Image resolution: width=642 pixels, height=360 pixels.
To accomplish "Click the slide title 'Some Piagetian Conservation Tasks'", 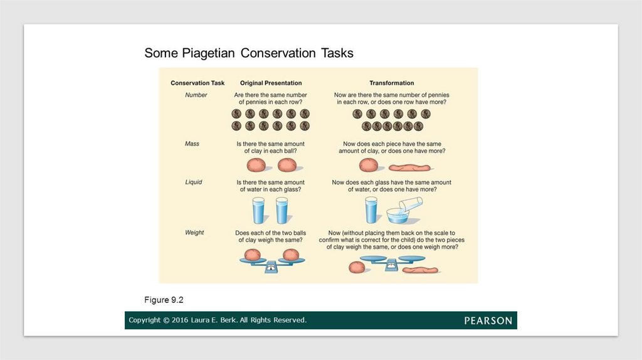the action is [x=249, y=53].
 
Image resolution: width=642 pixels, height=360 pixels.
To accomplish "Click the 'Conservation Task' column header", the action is [x=197, y=83].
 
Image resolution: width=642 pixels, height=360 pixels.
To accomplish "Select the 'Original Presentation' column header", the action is [x=271, y=83].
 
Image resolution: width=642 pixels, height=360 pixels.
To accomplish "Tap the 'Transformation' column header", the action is [x=391, y=83].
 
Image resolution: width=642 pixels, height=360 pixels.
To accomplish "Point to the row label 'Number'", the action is [x=196, y=95].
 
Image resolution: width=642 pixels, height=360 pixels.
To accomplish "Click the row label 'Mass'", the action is [x=192, y=144].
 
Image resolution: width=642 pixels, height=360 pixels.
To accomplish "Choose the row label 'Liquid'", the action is [x=193, y=183].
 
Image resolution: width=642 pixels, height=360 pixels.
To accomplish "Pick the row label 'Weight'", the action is [x=194, y=233].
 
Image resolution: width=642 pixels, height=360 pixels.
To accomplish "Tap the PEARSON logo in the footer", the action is [x=488, y=320].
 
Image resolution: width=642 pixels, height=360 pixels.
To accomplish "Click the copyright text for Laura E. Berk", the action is [x=218, y=320].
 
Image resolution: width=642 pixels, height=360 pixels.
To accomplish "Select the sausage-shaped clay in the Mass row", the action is [x=409, y=167].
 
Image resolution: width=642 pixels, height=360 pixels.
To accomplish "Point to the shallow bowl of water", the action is [x=397, y=216].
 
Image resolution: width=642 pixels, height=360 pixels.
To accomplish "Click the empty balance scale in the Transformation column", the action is [x=391, y=263].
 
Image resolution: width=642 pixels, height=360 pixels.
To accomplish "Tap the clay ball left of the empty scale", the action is [x=357, y=267].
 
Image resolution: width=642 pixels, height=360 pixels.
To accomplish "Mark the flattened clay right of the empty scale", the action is [x=421, y=270].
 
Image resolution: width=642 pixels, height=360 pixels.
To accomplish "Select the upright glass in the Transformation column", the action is [x=371, y=210].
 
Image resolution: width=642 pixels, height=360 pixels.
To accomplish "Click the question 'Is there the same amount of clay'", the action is [x=271, y=147].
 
